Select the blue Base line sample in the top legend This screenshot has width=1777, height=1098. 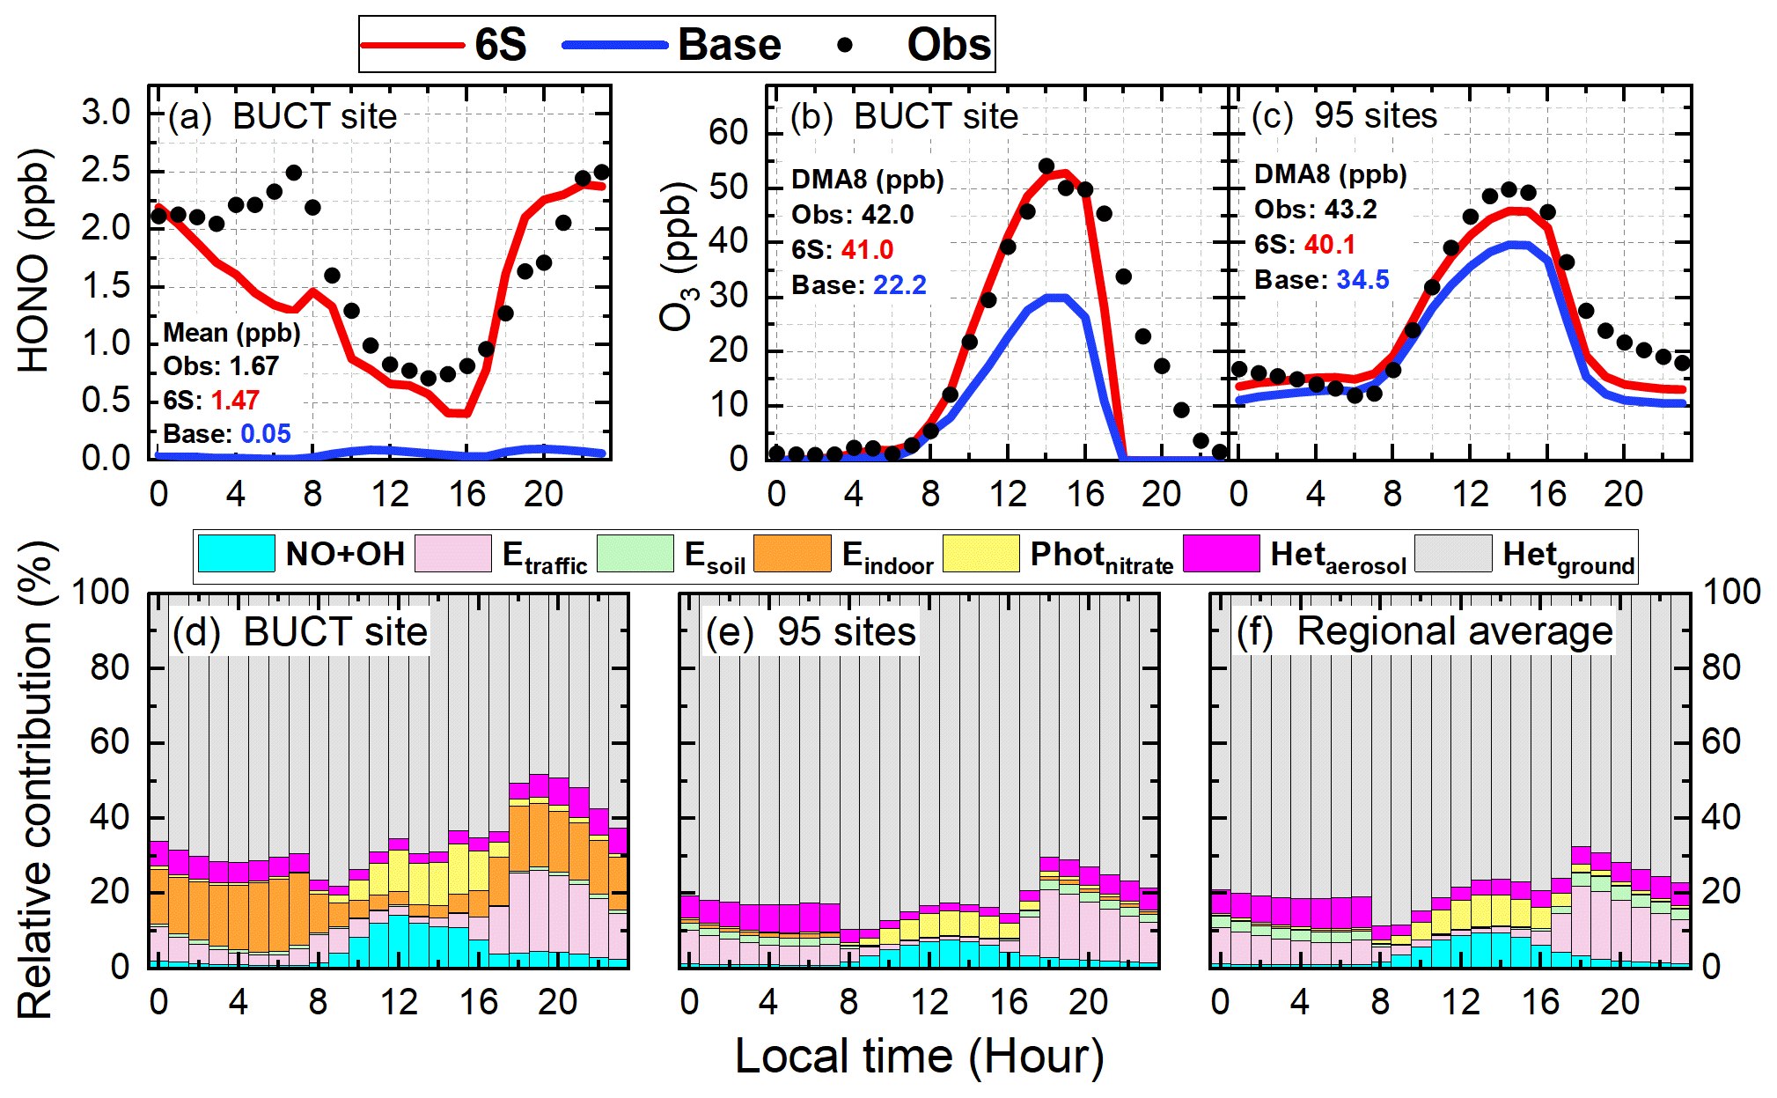click(x=614, y=45)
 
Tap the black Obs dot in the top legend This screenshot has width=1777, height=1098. click(x=845, y=45)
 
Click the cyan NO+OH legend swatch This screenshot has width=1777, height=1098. click(x=236, y=554)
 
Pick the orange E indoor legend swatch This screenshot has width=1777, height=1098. click(x=792, y=554)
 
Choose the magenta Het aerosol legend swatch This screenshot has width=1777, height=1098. click(x=1221, y=554)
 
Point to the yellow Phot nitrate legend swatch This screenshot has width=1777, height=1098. click(x=980, y=554)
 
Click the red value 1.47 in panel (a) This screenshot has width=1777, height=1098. click(x=235, y=401)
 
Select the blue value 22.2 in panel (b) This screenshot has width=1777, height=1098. click(x=900, y=285)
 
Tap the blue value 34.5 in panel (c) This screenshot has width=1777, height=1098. click(x=1362, y=280)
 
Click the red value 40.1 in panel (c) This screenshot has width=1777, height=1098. click(x=1330, y=245)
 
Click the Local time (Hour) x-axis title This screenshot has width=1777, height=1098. click(x=919, y=1056)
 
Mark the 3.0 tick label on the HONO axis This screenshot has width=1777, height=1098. click(x=106, y=113)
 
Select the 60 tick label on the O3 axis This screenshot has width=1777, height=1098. click(x=728, y=132)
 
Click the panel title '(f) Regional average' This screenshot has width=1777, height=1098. click(x=1424, y=631)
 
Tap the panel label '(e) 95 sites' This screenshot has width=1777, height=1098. click(x=811, y=631)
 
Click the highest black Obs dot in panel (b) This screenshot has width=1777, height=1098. click(x=1046, y=166)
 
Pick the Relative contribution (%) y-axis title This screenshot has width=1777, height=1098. click(x=35, y=779)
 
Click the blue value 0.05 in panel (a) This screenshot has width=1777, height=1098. click(x=266, y=434)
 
